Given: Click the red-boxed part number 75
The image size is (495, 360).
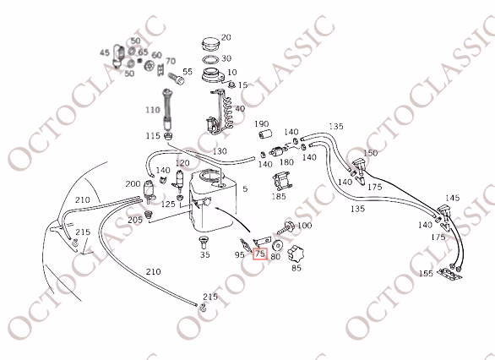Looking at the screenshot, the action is click(260, 254).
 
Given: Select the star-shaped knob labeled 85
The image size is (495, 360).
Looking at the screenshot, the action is click(296, 254).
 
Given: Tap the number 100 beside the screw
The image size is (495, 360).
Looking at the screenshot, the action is click(304, 226).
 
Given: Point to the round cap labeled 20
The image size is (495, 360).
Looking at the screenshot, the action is click(210, 44).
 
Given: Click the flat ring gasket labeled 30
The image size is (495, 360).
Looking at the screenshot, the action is click(210, 60).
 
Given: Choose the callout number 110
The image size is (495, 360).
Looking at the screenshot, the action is click(153, 110).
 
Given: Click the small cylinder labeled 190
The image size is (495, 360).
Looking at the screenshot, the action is click(265, 134).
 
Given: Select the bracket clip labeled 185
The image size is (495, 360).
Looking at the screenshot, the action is click(281, 181).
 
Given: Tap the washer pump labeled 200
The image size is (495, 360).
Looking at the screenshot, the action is click(149, 190).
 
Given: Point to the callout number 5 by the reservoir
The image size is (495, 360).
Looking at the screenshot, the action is click(245, 188).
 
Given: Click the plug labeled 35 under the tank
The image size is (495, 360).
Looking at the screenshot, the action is click(204, 243).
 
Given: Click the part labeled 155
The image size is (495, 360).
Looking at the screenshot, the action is click(450, 274).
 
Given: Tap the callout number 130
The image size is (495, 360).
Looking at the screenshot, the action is click(220, 151).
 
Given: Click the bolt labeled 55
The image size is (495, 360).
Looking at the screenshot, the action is click(176, 78).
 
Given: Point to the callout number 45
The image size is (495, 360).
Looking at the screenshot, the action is click(105, 52).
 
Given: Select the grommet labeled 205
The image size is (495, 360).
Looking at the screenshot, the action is click(148, 215).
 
